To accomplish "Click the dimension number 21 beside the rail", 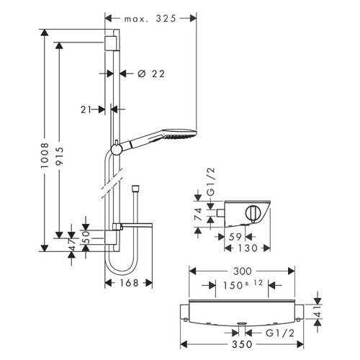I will tap(88, 109).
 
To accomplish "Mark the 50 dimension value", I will tap(84, 235).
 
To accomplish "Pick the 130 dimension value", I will tap(248, 247).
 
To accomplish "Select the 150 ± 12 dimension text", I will tap(241, 285).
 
